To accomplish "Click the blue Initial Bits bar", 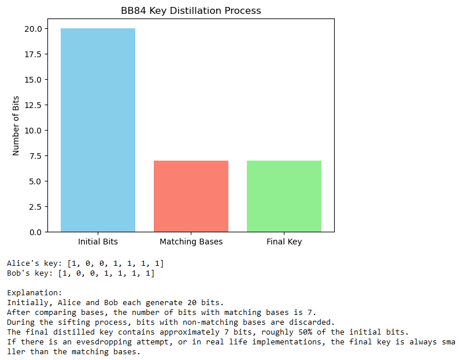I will click(98, 130).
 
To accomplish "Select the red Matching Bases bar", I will click(191, 196).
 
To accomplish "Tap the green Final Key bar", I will click(284, 196).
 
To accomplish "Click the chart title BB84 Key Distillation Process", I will click(191, 10).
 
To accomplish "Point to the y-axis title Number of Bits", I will click(16, 125).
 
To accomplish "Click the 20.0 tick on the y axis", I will click(32, 29).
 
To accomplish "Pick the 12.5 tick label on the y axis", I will click(32, 105).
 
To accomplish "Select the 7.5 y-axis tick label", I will click(35, 156).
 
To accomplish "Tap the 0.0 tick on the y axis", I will click(35, 232).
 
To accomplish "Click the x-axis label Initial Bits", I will click(98, 242).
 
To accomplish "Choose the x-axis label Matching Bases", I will click(191, 242).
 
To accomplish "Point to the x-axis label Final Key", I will click(284, 242).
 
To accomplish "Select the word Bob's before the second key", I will click(18, 273).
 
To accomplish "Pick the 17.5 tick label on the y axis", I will click(32, 54).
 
